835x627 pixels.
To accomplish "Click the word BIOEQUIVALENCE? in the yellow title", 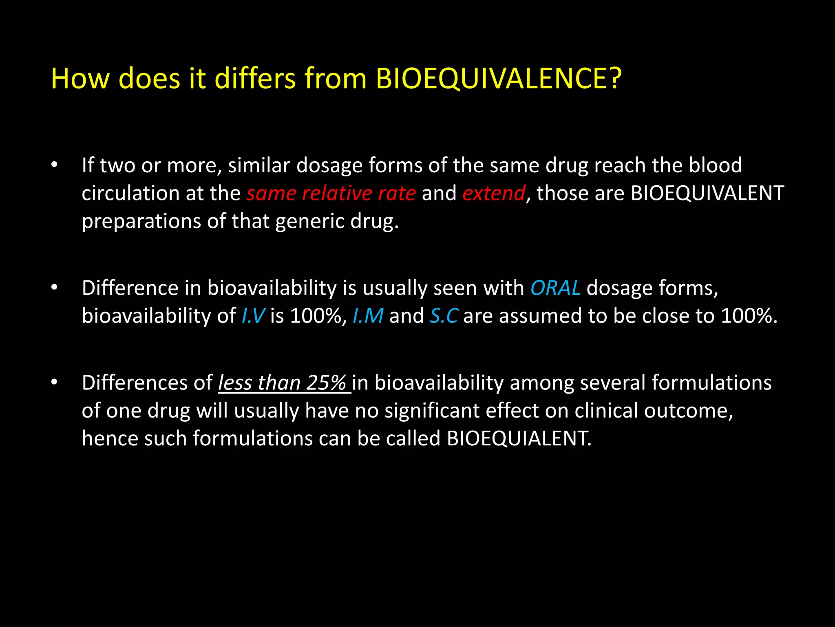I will [x=498, y=78].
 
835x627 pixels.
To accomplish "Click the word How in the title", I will [x=80, y=78].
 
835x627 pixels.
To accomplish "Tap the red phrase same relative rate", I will [x=331, y=193].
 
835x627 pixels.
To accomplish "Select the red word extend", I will [x=494, y=193].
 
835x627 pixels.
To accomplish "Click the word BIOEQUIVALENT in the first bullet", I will [x=707, y=193].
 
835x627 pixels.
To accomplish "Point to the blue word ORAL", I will [x=555, y=288].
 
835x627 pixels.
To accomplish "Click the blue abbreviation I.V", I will [x=253, y=316].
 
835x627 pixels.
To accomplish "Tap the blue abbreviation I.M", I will [x=368, y=316].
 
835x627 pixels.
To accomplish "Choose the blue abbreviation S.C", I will [x=444, y=316].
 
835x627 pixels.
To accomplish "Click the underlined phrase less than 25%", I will [x=282, y=383].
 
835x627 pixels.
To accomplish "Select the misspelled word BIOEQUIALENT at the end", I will [x=518, y=438].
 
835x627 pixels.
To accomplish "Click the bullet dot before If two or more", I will [x=54, y=165].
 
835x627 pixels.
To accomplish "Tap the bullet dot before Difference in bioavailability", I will [x=54, y=288].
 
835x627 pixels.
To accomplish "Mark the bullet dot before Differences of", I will [x=54, y=383].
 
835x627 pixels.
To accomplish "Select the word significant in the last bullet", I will [x=432, y=411].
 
